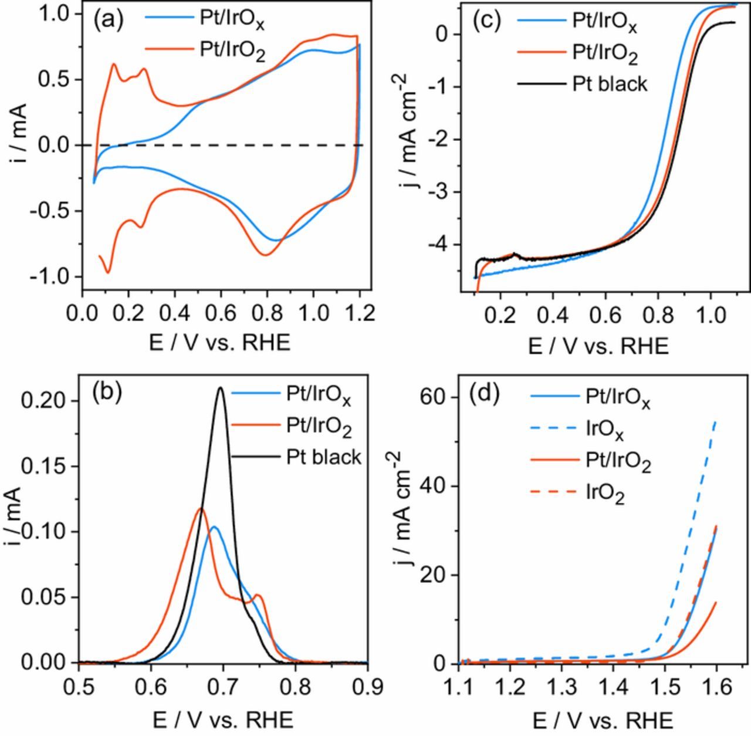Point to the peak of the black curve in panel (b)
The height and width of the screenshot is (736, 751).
point(221,387)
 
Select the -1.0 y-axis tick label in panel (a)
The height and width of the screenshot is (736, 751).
point(51,276)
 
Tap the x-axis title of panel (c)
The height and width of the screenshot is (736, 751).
point(598,346)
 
